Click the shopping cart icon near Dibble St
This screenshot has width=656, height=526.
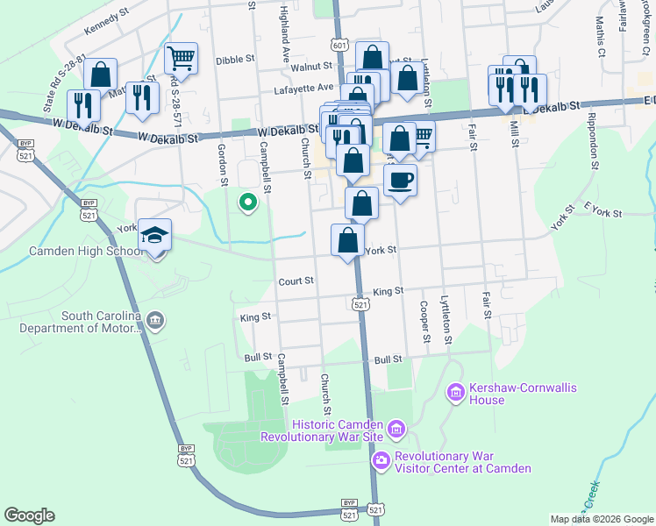(181, 59)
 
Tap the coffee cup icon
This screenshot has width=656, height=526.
(400, 181)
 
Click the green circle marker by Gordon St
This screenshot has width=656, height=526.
(248, 203)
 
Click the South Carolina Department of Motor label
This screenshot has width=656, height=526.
(101, 323)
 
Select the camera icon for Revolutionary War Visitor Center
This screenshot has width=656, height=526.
(381, 460)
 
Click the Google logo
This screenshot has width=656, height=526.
(30, 515)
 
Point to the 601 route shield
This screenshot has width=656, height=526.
(339, 46)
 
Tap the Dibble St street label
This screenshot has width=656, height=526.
(234, 60)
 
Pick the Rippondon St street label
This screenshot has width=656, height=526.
(594, 139)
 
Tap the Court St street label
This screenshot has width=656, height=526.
(296, 281)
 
